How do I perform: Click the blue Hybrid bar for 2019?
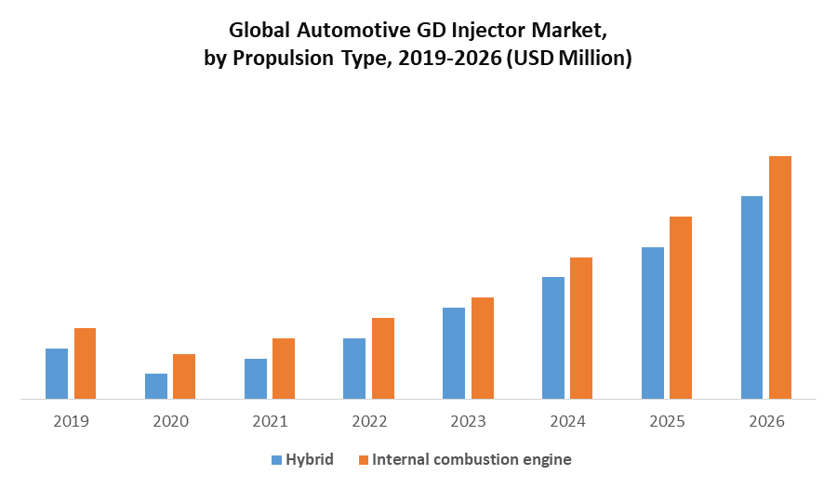point(57,374)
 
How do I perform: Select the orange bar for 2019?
point(86,363)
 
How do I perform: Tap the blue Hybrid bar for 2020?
point(156,387)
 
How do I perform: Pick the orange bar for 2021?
point(284,369)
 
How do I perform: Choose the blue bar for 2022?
point(354,369)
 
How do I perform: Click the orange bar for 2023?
point(483,349)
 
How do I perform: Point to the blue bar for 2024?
point(553,338)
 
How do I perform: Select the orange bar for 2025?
point(681,308)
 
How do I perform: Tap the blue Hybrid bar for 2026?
point(751,297)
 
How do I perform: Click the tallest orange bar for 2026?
point(780,278)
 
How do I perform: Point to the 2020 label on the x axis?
point(170,421)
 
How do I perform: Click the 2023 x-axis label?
point(468,421)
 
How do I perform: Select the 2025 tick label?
point(667,421)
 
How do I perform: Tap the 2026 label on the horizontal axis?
point(766,421)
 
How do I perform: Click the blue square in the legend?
point(275,460)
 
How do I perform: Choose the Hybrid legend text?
point(310,459)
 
